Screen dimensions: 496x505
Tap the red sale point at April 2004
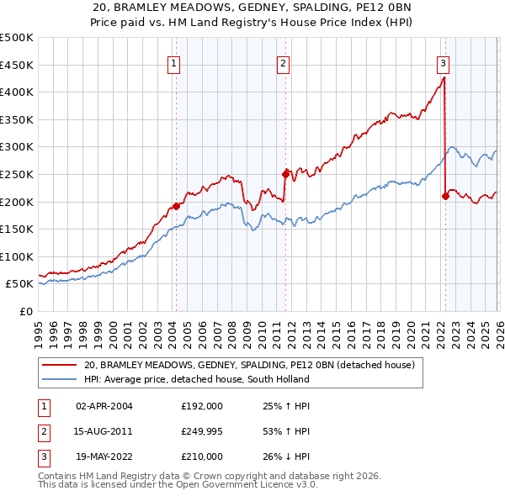point(176,206)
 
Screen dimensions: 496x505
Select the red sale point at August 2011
point(286,174)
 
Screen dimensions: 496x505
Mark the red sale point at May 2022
point(445,196)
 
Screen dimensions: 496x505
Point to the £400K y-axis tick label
point(17,92)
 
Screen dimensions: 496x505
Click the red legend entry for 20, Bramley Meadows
point(249,366)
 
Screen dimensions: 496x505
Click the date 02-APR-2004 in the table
point(104,406)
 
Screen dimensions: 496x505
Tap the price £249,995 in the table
point(202,431)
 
